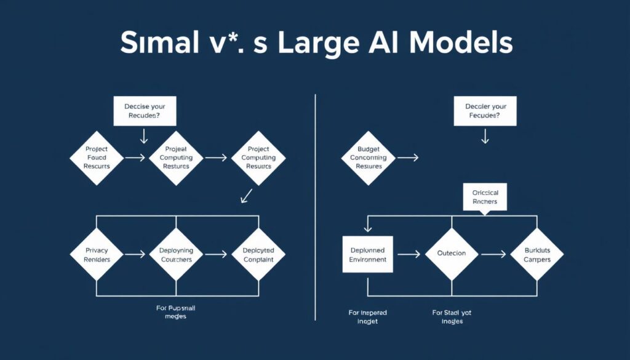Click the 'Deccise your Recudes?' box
[x=145, y=110]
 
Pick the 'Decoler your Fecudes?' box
[x=485, y=110]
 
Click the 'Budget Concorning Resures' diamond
[x=369, y=158]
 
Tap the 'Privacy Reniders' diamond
[x=96, y=255]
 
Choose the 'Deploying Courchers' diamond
[x=177, y=255]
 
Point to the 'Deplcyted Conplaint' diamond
[x=258, y=255]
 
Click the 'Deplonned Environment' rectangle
[x=368, y=255]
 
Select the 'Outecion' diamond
[x=452, y=254]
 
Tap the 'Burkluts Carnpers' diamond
[x=537, y=255]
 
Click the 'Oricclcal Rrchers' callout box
[x=485, y=197]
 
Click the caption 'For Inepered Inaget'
[x=368, y=317]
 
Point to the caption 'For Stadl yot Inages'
[x=452, y=317]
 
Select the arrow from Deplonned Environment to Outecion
[x=409, y=254]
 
